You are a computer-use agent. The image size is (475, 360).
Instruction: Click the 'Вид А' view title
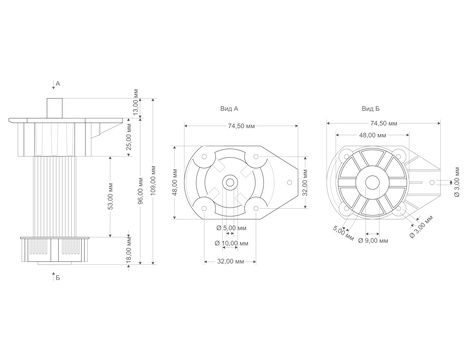coord(229,109)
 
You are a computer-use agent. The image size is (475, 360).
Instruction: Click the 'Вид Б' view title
coord(371,109)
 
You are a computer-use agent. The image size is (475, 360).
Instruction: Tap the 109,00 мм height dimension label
coord(154,181)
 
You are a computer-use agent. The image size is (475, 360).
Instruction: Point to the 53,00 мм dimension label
coord(111,196)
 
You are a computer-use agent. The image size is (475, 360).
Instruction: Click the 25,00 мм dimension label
coord(130,137)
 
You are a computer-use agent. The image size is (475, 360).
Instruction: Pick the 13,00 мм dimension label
coord(136,103)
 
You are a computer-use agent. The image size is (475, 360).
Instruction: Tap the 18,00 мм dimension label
coord(129,250)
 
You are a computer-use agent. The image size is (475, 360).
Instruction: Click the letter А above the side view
coord(58,83)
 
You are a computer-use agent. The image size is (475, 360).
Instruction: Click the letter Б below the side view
coord(58,278)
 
